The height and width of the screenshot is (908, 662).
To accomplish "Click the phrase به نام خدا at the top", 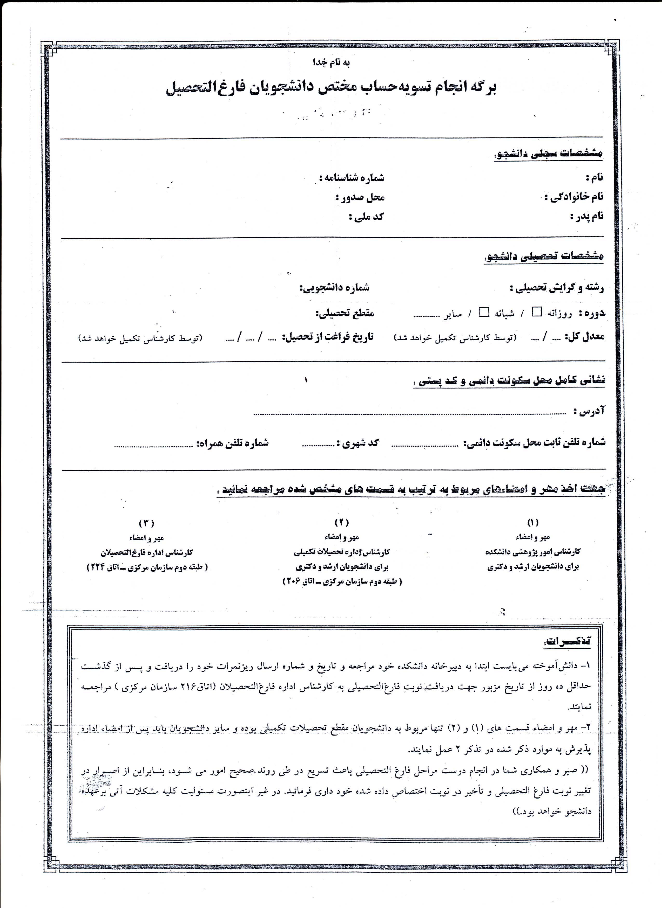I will point(332,63).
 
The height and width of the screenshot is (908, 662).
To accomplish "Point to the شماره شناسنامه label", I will point(352,177).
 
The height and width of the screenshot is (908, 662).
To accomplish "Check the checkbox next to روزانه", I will point(536,313).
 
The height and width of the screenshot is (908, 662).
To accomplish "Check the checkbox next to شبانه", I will point(484,313).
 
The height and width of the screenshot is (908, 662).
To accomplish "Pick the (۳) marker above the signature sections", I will point(146,523).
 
